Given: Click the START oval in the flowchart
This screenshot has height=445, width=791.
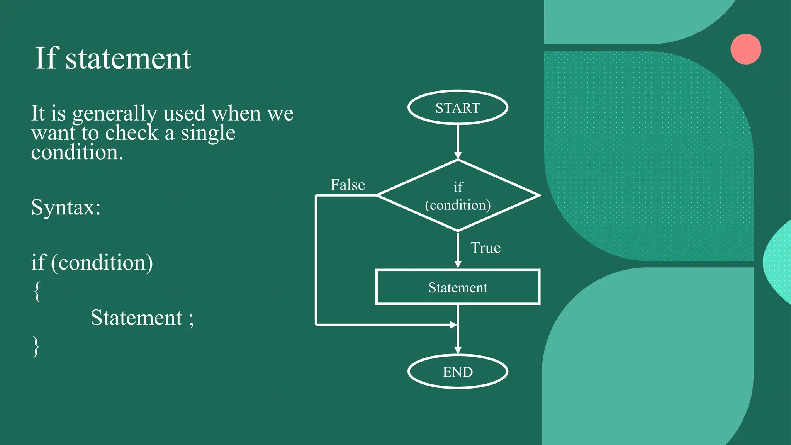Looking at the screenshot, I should pyautogui.click(x=458, y=107).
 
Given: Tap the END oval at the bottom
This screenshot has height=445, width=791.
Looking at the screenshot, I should pyautogui.click(x=458, y=372).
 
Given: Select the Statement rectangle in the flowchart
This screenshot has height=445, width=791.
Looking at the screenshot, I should pyautogui.click(x=458, y=287).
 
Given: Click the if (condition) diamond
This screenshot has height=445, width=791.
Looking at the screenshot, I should pyautogui.click(x=458, y=195).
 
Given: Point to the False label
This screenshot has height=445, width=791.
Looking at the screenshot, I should pyautogui.click(x=348, y=185).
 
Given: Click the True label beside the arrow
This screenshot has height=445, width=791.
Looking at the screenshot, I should pyautogui.click(x=485, y=248).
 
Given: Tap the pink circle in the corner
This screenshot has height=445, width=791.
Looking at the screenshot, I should pyautogui.click(x=746, y=49).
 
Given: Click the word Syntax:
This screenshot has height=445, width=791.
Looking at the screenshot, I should pyautogui.click(x=66, y=207).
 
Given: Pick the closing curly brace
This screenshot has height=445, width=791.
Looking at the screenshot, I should pyautogui.click(x=36, y=346).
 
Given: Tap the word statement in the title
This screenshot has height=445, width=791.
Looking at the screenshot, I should pyautogui.click(x=128, y=59).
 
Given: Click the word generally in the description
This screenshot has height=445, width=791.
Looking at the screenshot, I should pyautogui.click(x=114, y=114).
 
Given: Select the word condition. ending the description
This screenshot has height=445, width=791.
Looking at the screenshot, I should pyautogui.click(x=77, y=153).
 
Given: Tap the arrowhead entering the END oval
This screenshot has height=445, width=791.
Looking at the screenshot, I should pyautogui.click(x=458, y=350).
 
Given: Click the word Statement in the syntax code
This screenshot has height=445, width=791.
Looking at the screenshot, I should pyautogui.click(x=136, y=318).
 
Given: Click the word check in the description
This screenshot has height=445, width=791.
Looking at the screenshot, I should pyautogui.click(x=132, y=133).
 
